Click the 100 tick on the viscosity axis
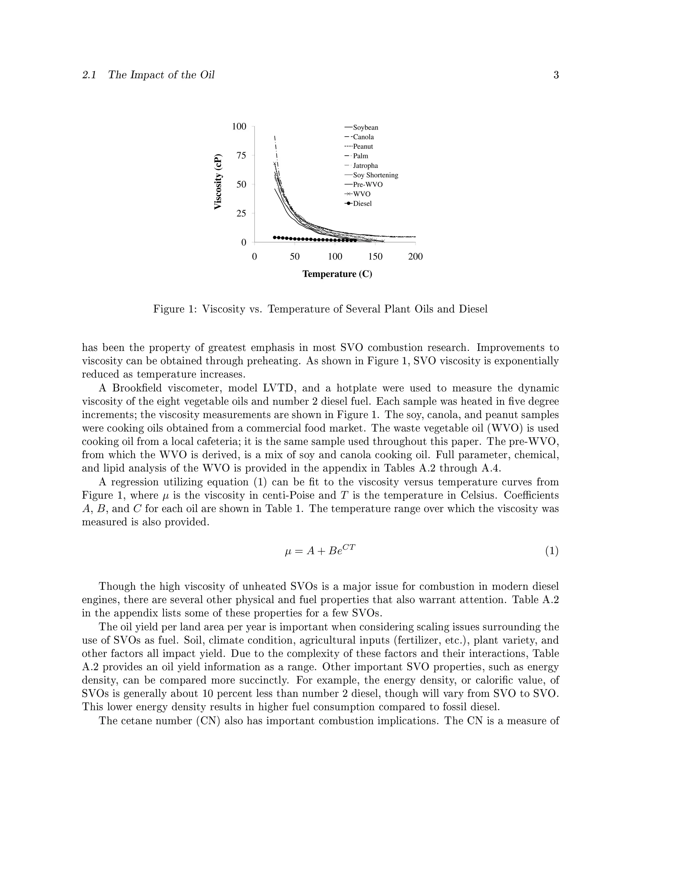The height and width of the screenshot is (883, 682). (x=239, y=127)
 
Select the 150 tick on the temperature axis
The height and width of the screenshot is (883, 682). (x=375, y=257)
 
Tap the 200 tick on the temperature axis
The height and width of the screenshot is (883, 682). (x=415, y=257)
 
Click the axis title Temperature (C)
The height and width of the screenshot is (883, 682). (x=337, y=274)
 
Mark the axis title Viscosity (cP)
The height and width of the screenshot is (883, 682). (x=218, y=182)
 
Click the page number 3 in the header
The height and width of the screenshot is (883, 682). (x=556, y=75)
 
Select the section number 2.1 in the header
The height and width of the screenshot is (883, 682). (x=89, y=75)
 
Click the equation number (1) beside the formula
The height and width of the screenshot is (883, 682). (x=551, y=551)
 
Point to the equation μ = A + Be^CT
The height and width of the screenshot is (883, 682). (x=320, y=551)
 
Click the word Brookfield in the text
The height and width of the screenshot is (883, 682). (x=137, y=389)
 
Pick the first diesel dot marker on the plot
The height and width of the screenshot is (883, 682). (x=275, y=237)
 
